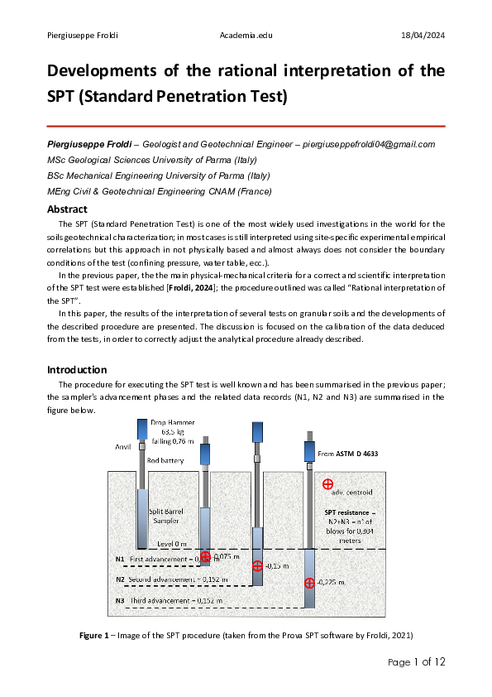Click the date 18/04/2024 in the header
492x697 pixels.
pyautogui.click(x=423, y=35)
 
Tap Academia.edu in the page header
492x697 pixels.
pyautogui.click(x=246, y=35)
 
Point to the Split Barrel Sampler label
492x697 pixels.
pyautogui.click(x=171, y=517)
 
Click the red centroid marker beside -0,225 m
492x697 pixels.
pyautogui.click(x=309, y=583)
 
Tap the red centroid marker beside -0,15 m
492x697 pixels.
pyautogui.click(x=257, y=565)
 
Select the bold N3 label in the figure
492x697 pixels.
pyautogui.click(x=120, y=600)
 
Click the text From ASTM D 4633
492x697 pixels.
pyautogui.click(x=347, y=454)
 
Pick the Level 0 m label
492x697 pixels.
pyautogui.click(x=177, y=544)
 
